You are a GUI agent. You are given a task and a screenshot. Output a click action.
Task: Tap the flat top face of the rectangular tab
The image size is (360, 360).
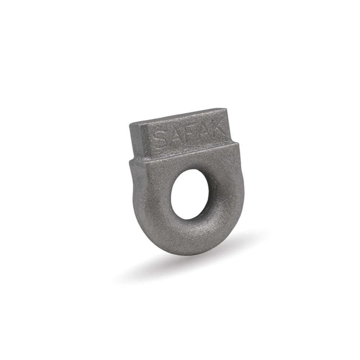177,117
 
